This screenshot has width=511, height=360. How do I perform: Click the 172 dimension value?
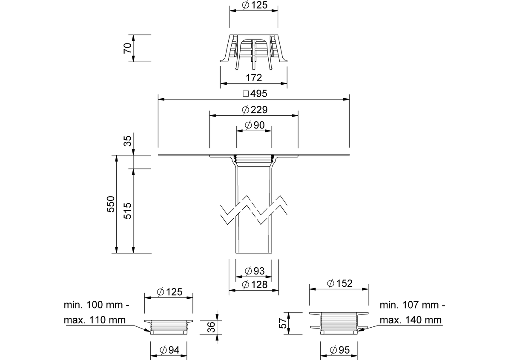[254, 78]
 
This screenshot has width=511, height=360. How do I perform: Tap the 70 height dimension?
[128, 48]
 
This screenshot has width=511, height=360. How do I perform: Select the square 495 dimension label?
[255, 94]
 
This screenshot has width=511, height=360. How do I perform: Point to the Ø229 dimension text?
[255, 110]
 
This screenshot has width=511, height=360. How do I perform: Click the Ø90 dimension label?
[255, 125]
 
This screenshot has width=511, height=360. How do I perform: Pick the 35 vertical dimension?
[128, 141]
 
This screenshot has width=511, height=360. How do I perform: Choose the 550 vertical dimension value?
[111, 204]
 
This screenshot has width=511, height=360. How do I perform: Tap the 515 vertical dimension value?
[128, 211]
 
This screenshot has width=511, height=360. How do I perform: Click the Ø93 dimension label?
[255, 271]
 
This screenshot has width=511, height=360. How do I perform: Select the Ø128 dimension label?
[255, 285]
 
